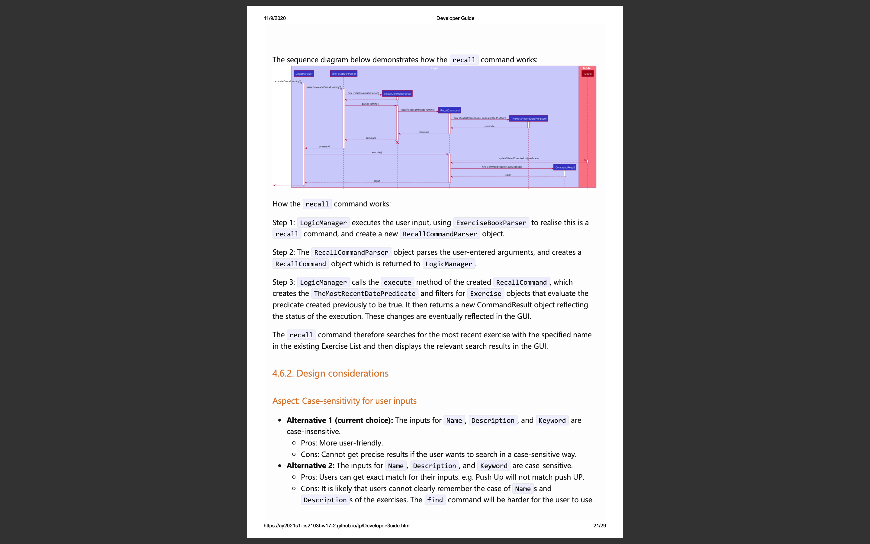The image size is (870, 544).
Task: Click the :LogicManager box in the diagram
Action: click(x=304, y=74)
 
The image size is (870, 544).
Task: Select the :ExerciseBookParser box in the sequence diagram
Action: click(x=344, y=74)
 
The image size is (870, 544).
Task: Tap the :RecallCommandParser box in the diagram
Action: click(x=397, y=94)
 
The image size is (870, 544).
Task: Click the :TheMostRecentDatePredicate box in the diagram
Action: click(x=528, y=119)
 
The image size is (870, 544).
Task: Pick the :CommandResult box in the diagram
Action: click(x=565, y=168)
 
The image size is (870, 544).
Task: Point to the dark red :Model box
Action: click(x=588, y=74)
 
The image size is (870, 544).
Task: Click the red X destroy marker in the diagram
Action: click(x=397, y=142)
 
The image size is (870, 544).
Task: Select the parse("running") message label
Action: click(x=370, y=104)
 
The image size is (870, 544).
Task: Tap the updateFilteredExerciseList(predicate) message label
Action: click(x=518, y=158)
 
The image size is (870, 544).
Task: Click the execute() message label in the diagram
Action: click(x=376, y=153)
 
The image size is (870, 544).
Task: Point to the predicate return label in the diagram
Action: click(x=489, y=126)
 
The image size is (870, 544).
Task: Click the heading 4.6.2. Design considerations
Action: click(x=330, y=374)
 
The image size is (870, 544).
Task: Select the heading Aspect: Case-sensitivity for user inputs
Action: click(x=344, y=401)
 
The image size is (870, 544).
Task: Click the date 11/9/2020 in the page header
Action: click(x=275, y=18)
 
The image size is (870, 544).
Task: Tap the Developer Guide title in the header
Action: click(x=455, y=18)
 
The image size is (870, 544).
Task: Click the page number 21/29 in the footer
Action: click(x=599, y=526)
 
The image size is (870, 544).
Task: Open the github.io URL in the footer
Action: click(x=337, y=526)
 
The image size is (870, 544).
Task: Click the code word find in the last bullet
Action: click(x=435, y=500)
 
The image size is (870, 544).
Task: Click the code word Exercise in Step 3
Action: click(x=485, y=293)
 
